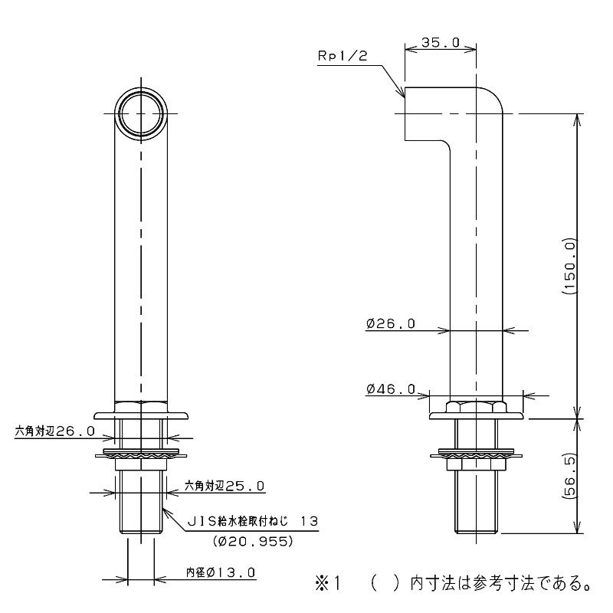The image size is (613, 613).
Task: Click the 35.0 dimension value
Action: (x=441, y=43)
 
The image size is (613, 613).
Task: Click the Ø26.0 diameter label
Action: (x=391, y=324)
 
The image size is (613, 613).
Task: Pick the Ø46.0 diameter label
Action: (x=391, y=390)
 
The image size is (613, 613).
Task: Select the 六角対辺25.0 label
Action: (x=225, y=486)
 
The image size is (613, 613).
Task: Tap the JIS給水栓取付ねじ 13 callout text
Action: (x=253, y=521)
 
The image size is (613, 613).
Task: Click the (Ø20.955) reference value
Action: (x=254, y=541)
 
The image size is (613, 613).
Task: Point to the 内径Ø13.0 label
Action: (x=220, y=572)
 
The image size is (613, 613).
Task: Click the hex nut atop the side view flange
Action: (x=477, y=405)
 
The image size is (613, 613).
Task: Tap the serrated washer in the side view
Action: (x=477, y=455)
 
